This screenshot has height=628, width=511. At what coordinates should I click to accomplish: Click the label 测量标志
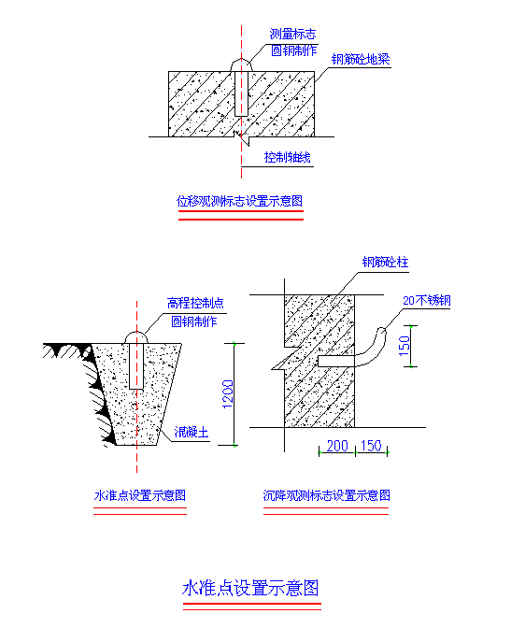click(x=292, y=34)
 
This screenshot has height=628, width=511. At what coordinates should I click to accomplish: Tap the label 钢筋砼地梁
click(x=361, y=59)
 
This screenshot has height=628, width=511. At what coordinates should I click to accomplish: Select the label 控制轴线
click(x=287, y=157)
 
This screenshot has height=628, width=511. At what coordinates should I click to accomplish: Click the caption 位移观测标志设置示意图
click(x=239, y=201)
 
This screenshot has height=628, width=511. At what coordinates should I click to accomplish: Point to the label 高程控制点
click(x=195, y=303)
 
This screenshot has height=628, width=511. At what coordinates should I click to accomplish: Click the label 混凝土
click(x=192, y=432)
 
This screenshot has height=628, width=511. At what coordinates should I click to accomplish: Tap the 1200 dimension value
click(x=227, y=394)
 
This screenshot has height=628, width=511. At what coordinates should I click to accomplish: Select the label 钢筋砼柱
click(x=385, y=263)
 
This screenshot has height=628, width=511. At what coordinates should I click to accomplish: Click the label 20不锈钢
click(x=427, y=300)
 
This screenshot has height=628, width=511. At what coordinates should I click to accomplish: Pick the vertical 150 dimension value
click(x=405, y=346)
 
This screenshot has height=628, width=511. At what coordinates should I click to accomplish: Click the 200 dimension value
click(x=337, y=446)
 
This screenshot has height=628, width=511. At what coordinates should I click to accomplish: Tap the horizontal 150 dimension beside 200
click(x=371, y=446)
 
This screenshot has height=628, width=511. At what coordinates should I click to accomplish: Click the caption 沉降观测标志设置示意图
click(x=326, y=495)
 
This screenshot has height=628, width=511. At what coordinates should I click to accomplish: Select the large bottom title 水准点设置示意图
click(x=250, y=589)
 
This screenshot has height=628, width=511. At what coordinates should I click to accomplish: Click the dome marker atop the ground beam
click(x=241, y=65)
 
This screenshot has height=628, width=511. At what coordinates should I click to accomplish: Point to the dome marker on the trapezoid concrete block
click(x=136, y=337)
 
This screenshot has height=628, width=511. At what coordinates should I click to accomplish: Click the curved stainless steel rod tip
click(x=382, y=331)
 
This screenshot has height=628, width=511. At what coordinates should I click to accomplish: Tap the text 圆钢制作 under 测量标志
click(x=294, y=50)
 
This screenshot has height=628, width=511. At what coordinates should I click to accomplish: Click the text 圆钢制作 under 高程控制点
click(x=194, y=321)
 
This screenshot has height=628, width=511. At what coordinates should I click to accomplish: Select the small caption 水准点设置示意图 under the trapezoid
click(x=140, y=495)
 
